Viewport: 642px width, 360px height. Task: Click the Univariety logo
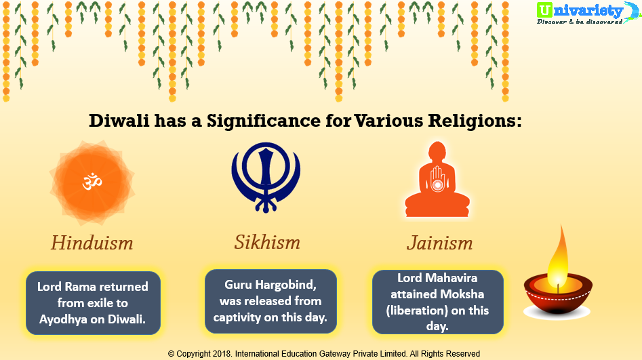[x=588, y=12]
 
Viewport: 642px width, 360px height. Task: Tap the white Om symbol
[x=92, y=182]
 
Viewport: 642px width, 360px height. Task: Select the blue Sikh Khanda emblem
[x=266, y=178]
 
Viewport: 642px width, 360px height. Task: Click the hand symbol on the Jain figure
[x=437, y=180]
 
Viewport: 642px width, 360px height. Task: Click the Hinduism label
[x=92, y=243]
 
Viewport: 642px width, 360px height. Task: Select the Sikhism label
[x=267, y=242]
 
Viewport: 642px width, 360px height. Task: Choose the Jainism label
[x=440, y=243]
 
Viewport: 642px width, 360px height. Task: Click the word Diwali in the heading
[x=119, y=121]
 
